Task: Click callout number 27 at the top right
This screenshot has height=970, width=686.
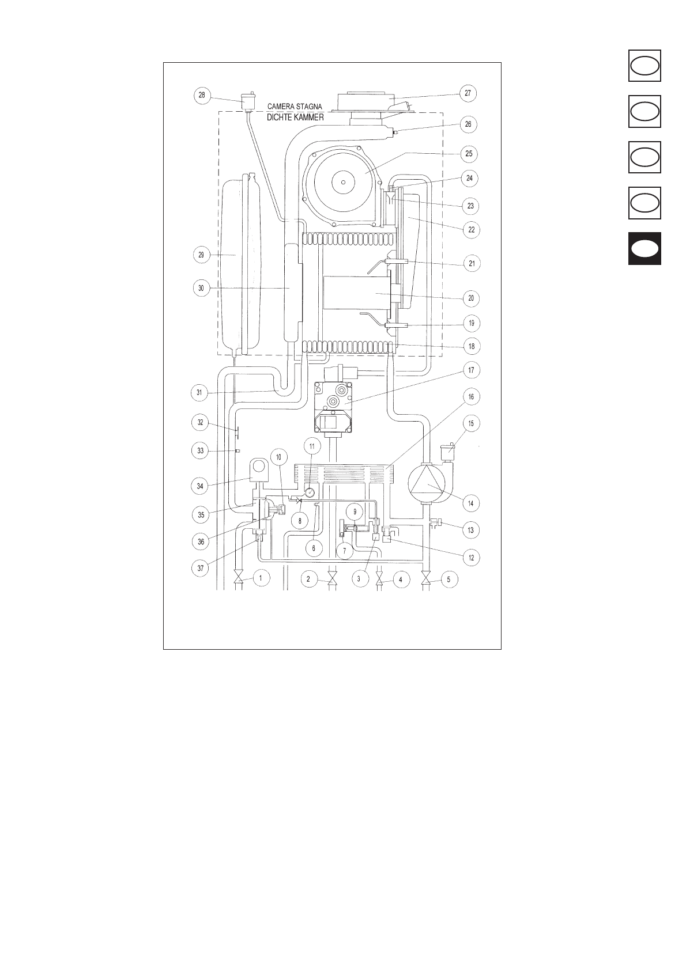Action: pyautogui.click(x=468, y=93)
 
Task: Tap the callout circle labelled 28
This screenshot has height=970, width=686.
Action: pyautogui.click(x=202, y=95)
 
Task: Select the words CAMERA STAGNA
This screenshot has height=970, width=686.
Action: pyautogui.click(x=295, y=107)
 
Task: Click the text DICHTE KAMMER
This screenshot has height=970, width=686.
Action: pyautogui.click(x=295, y=118)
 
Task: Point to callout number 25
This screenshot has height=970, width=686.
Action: pyautogui.click(x=469, y=154)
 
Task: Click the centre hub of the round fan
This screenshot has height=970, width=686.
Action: pyautogui.click(x=343, y=183)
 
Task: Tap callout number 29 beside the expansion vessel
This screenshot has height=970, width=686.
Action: pyautogui.click(x=202, y=255)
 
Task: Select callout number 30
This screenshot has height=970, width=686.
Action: pyautogui.click(x=202, y=289)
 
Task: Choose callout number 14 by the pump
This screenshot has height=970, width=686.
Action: pyautogui.click(x=470, y=503)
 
